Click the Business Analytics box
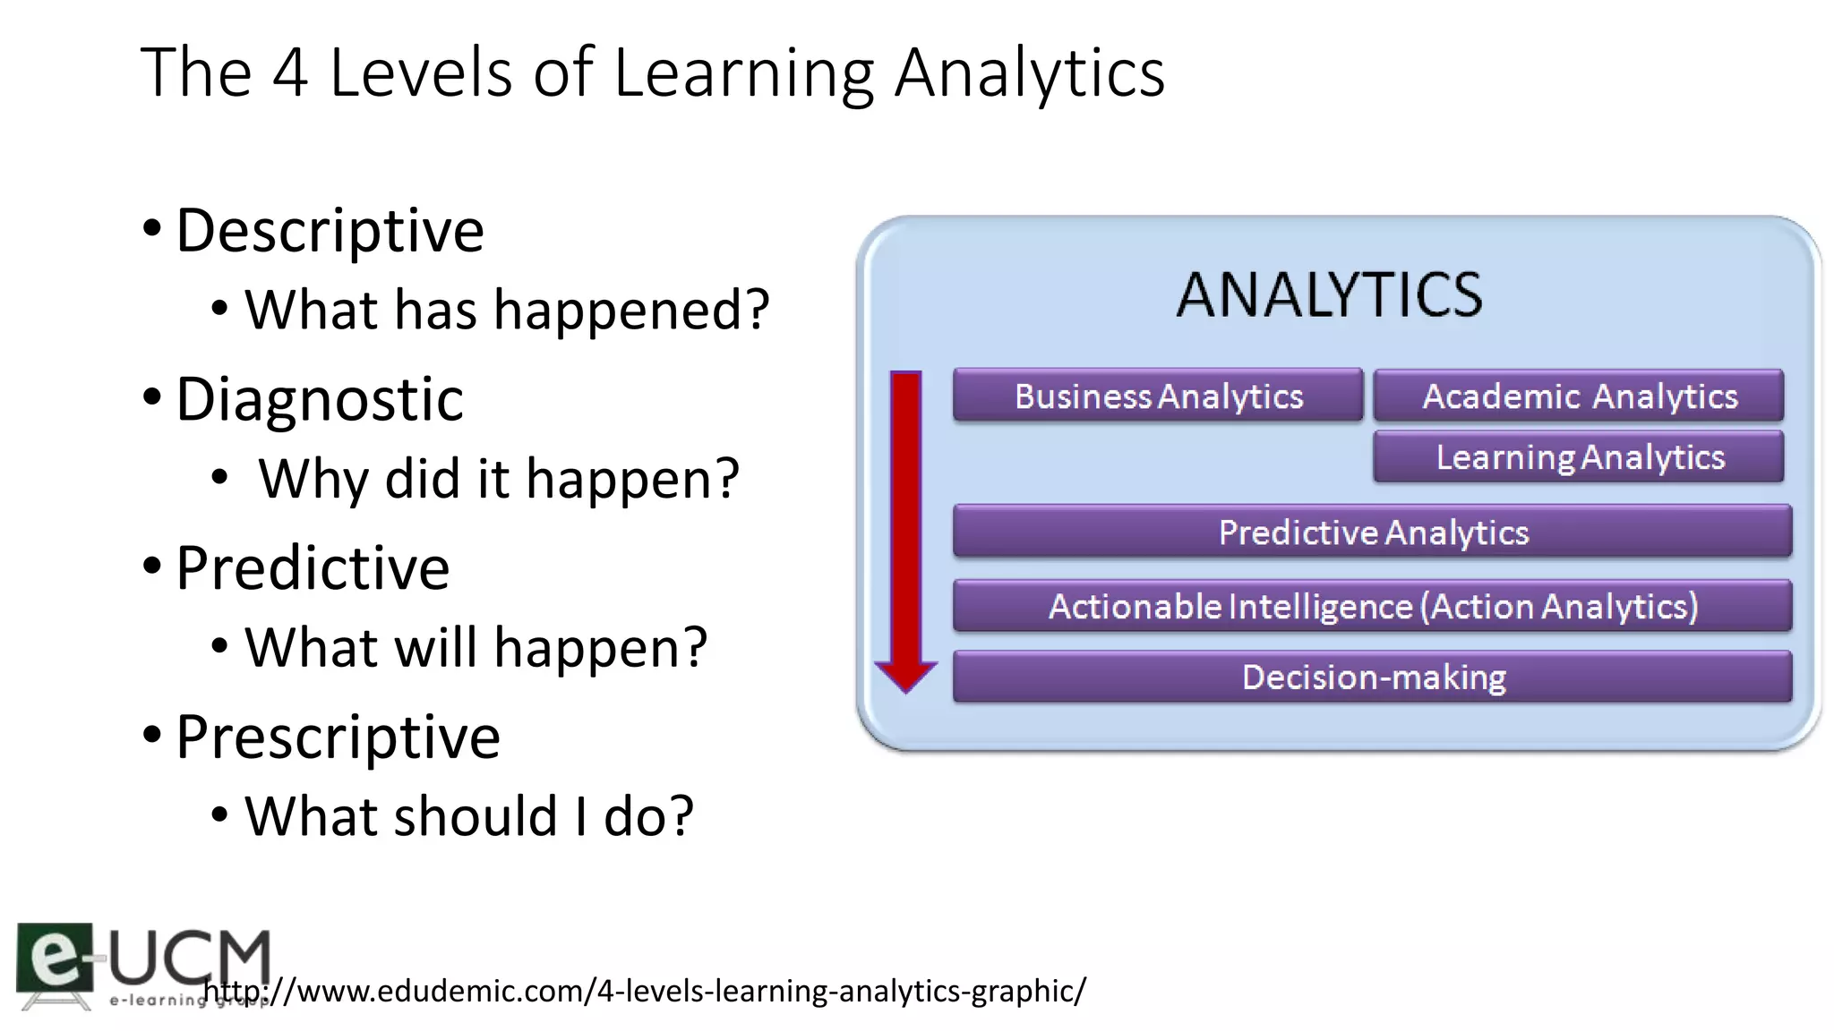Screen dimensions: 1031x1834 [1157, 396]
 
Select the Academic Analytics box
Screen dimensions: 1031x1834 [1578, 396]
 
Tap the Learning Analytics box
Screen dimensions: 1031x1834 [1578, 457]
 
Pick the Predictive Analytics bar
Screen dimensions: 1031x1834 [1372, 533]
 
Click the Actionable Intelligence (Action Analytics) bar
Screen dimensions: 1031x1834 [1372, 607]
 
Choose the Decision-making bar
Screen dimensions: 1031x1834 [1372, 677]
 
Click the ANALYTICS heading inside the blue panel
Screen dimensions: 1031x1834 [1329, 295]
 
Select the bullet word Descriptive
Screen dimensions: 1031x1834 [330, 231]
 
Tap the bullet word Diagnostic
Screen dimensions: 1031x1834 [320, 399]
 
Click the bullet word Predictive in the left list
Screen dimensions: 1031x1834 [313, 568]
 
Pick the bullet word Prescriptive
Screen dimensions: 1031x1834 [338, 737]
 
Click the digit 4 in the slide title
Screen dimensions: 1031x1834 [290, 72]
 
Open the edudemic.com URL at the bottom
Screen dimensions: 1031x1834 [645, 991]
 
